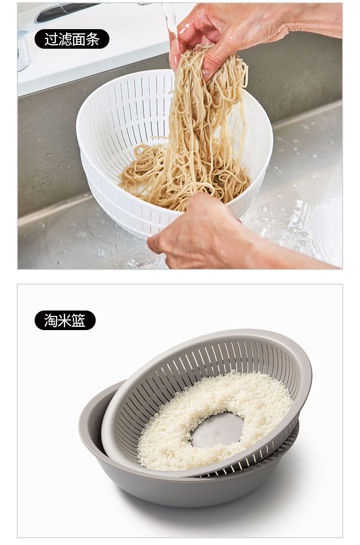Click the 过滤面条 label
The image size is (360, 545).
click(72, 39)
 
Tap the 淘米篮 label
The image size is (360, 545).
click(65, 320)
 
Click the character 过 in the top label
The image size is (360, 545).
click(51, 39)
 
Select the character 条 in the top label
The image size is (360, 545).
click(93, 39)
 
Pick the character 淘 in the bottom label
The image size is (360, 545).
click(51, 321)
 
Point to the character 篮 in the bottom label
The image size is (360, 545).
click(79, 321)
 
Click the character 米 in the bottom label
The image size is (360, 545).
click(65, 321)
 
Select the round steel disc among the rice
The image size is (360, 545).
click(218, 430)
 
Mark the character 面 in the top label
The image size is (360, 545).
click(79, 39)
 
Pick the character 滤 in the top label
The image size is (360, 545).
click(65, 39)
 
